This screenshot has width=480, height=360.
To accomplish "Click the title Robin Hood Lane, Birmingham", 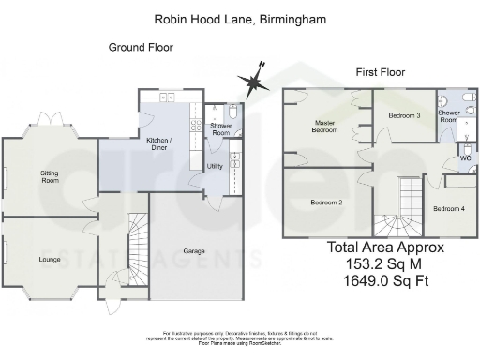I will pos(240,18).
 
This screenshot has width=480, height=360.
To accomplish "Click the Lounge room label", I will pos(49,258).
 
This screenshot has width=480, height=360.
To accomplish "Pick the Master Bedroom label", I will pos(324,126).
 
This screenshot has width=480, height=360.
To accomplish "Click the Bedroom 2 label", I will pos(325,202).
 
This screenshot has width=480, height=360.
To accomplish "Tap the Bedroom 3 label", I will pos(404,115).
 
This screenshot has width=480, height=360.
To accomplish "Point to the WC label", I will pos(464,158).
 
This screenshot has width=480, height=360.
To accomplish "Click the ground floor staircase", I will pos(137,244).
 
